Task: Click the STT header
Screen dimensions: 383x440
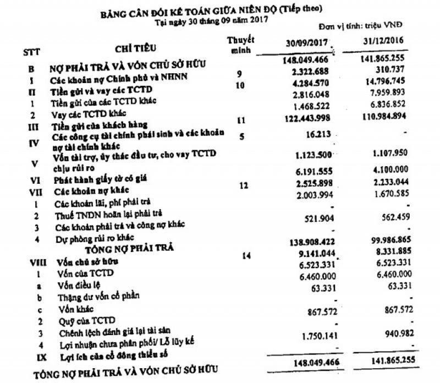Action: tap(31, 53)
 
